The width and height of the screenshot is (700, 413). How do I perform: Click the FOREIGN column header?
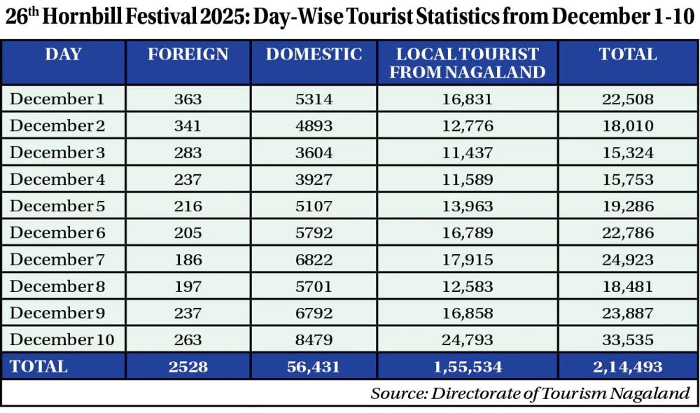(x=188, y=55)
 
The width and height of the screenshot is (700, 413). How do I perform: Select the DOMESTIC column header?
(x=314, y=55)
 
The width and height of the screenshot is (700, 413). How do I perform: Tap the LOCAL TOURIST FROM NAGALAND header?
(x=468, y=63)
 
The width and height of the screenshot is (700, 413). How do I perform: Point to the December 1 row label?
(x=57, y=99)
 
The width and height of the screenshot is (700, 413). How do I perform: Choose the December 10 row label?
(x=62, y=340)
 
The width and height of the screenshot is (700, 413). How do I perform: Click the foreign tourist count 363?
(x=188, y=99)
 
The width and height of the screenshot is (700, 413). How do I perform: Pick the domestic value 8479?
(x=314, y=340)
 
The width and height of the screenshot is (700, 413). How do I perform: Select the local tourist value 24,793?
(x=468, y=340)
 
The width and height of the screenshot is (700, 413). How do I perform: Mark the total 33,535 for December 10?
(x=628, y=340)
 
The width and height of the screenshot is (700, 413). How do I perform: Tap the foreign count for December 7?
(x=188, y=260)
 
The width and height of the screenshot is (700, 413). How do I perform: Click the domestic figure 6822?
(x=314, y=260)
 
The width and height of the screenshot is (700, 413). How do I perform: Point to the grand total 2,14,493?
(x=628, y=366)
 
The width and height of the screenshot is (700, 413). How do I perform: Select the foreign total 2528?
(x=188, y=366)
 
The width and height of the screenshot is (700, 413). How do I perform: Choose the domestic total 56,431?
(x=314, y=366)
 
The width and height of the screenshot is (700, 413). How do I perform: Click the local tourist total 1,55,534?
(x=468, y=366)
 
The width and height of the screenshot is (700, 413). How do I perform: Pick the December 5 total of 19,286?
(x=628, y=206)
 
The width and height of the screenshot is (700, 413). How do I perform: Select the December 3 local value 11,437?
(x=468, y=153)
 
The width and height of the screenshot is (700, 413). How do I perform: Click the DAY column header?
(x=64, y=55)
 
